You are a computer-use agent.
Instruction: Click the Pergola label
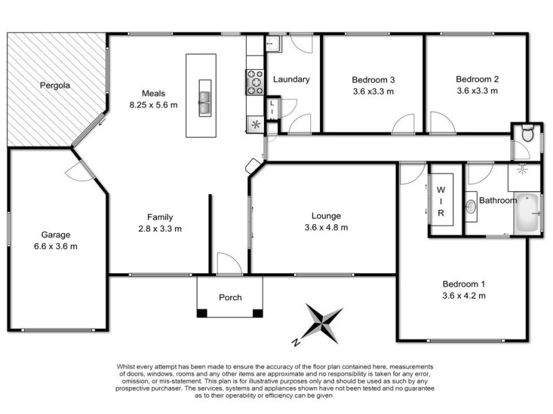(55, 86)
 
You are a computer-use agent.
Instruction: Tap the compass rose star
(323, 323)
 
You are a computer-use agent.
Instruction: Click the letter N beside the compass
(297, 342)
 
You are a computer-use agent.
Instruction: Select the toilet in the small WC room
(527, 132)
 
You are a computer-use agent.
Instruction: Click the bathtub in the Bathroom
(527, 214)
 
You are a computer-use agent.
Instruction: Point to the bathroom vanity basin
(471, 206)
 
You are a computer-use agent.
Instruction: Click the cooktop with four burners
(255, 82)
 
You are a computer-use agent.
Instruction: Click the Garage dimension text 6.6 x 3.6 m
(55, 246)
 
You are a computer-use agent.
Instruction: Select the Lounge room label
(326, 215)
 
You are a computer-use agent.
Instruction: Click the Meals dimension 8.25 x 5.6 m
(153, 105)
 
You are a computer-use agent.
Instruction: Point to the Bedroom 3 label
(373, 80)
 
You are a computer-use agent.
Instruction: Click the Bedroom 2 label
(477, 79)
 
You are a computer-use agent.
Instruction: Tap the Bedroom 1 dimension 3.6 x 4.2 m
(464, 295)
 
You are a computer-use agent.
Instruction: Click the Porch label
(230, 297)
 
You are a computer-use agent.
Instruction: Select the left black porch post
(202, 313)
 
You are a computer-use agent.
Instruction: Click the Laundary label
(291, 79)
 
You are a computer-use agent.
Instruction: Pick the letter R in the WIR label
(441, 213)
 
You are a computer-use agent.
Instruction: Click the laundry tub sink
(273, 44)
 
